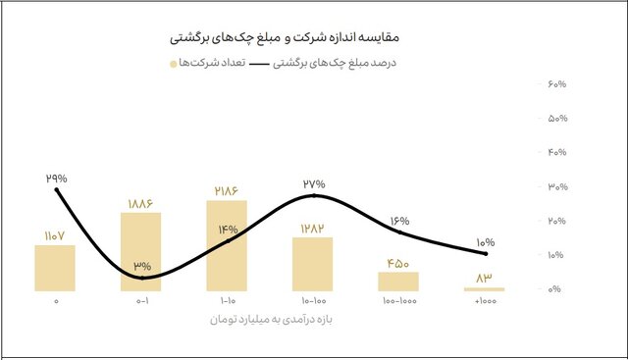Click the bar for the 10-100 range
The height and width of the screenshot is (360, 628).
pos(313,264)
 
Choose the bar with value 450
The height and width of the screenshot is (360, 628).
pos(398,282)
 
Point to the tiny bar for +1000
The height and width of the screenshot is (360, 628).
pos(485,289)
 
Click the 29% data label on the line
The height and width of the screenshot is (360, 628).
pos(56,179)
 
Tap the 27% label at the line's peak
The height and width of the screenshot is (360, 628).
pos(314,183)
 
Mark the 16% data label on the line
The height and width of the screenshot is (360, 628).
pos(399,221)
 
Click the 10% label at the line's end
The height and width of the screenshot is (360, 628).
pos(486,242)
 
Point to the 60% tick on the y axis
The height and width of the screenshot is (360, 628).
pos(554,85)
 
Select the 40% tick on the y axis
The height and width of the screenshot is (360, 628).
pos(554,153)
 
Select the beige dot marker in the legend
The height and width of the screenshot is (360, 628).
pos(174,64)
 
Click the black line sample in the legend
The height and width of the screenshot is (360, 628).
pos(263,64)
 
